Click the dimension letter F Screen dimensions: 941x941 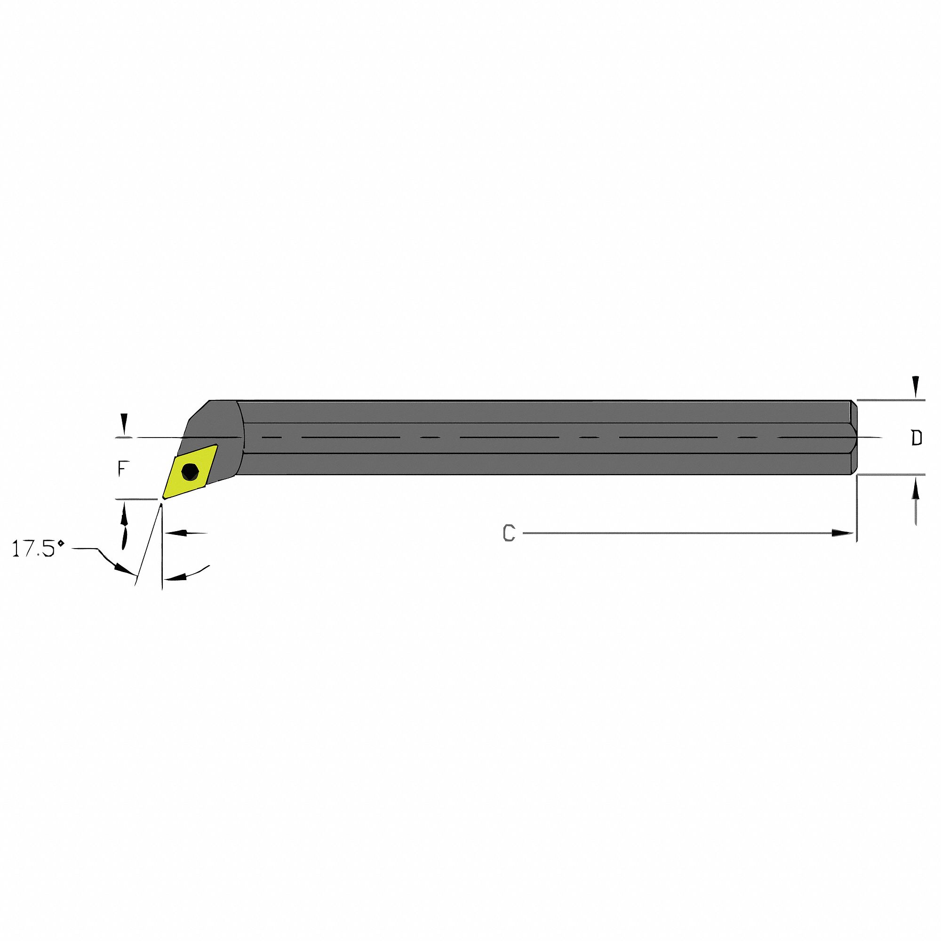[x=123, y=469]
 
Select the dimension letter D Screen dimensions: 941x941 [x=917, y=439]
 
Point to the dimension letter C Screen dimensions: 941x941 [x=509, y=534]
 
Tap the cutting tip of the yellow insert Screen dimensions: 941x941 [x=164, y=498]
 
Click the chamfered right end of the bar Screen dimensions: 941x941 [x=853, y=438]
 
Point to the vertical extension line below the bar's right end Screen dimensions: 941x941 [x=857, y=507]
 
